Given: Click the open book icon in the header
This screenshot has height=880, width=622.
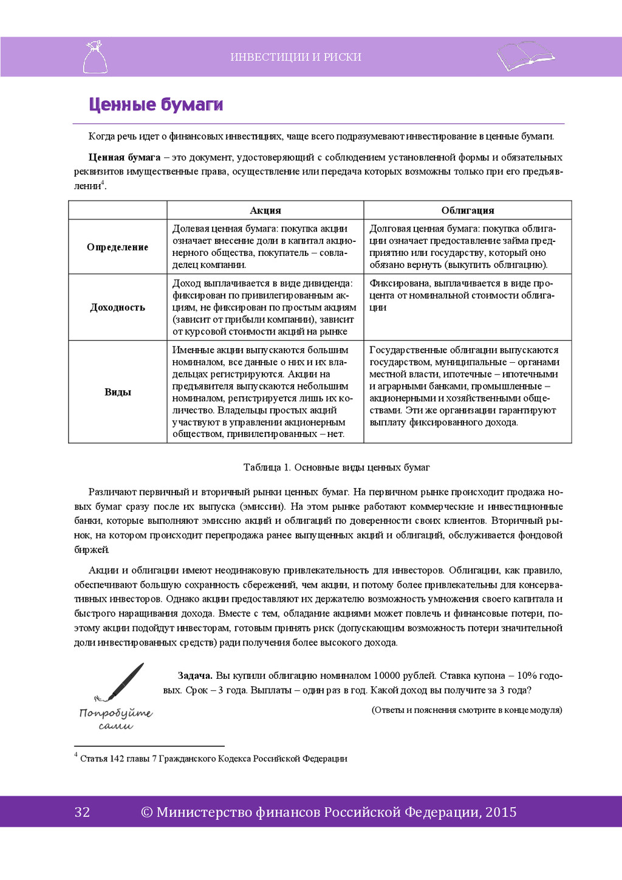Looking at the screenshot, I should point(525,56).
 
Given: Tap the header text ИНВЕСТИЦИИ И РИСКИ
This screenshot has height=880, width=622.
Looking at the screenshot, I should point(296,57).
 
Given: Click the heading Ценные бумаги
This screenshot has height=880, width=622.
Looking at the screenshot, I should point(155,105).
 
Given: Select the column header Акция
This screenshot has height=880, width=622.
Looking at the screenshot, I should point(265,210).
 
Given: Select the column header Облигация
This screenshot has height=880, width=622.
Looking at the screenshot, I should point(468,210).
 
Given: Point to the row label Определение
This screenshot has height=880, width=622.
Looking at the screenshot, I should point(117,247).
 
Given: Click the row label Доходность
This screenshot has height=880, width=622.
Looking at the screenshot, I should point(117,307).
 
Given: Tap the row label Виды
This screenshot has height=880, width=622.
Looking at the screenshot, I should point(117,392).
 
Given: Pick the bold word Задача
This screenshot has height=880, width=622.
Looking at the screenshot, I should point(195,676).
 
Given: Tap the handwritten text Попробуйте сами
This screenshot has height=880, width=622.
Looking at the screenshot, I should point(115,719).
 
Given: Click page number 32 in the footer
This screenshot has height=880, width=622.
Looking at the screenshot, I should point(82,812).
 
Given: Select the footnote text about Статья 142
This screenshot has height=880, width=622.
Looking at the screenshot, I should point(213,758).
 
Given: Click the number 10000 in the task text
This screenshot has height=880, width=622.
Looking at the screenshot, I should point(387,676).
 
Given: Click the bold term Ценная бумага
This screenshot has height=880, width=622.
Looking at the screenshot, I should point(125,157).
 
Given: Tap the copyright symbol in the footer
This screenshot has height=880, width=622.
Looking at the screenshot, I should point(146,813).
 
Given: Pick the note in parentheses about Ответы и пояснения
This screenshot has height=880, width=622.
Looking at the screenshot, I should point(466,710).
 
